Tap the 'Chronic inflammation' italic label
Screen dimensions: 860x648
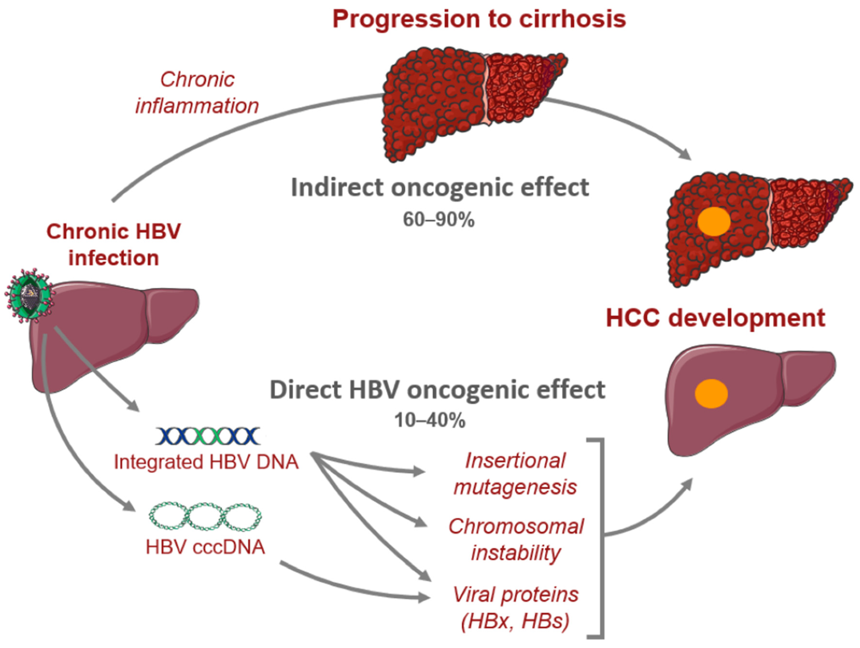[x=197, y=93]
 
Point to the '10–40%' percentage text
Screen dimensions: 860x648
[x=430, y=420]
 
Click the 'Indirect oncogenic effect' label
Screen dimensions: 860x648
[x=440, y=188]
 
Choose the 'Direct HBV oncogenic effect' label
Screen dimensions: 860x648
[x=438, y=390]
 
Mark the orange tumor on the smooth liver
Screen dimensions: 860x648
[x=711, y=394]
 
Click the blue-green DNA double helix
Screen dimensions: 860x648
[x=208, y=436]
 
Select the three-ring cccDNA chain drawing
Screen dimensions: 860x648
[x=205, y=516]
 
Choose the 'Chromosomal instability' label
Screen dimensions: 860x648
[x=516, y=540]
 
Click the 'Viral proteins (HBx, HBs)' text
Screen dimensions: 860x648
[x=516, y=607]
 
